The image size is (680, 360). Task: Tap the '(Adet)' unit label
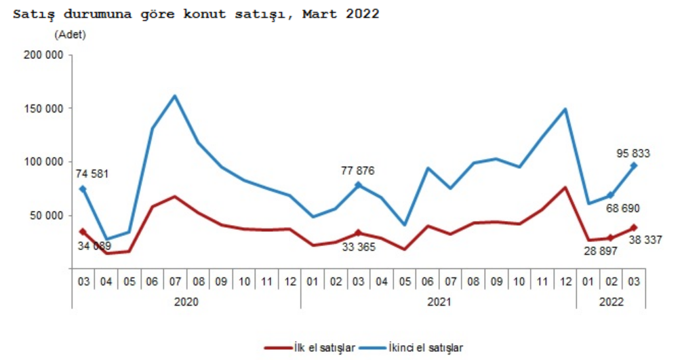click(x=70, y=35)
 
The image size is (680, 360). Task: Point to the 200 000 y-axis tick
click(x=44, y=55)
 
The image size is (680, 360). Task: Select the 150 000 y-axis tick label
click(x=44, y=108)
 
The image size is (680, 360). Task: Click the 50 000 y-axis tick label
click(x=47, y=216)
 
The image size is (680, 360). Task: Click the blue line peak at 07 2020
click(x=175, y=96)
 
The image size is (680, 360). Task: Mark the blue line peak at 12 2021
click(x=565, y=109)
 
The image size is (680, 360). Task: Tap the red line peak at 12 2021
click(x=565, y=187)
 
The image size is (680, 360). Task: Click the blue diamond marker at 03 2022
click(x=634, y=165)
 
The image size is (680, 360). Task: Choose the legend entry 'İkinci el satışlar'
click(x=414, y=348)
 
